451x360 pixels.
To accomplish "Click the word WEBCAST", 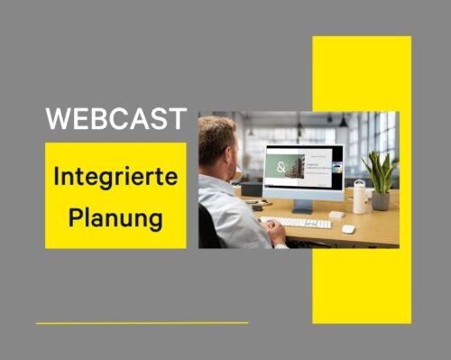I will pos(116,118).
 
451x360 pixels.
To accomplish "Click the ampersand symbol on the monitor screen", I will pos(281,168).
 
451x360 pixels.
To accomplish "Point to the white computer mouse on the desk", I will pos(348,228).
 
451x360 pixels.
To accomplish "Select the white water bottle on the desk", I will pos(360,196).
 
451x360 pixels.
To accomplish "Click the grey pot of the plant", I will pos(380,200).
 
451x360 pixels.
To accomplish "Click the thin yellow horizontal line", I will pos(142,322).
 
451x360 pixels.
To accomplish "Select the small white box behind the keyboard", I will pos(336,215).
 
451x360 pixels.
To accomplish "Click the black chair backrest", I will pos(207,226).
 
